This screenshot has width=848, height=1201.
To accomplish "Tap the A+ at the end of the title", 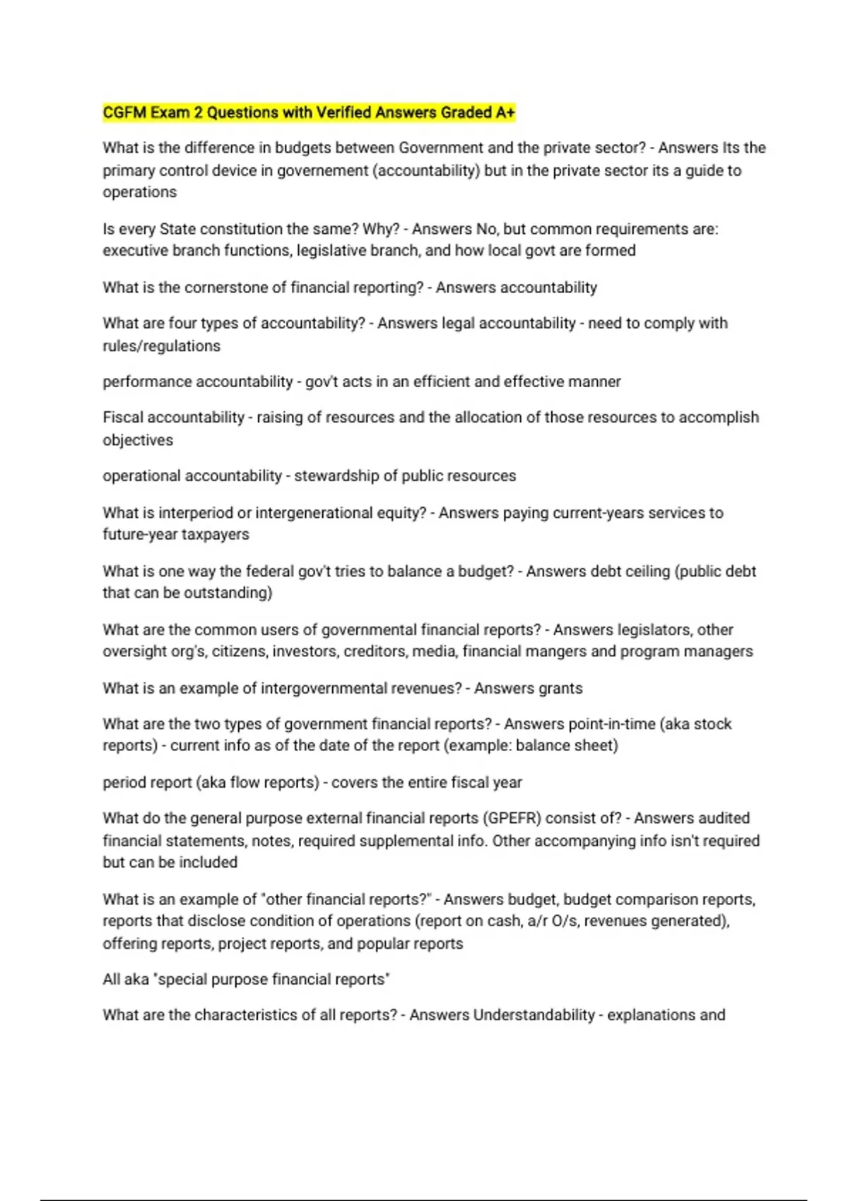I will [505, 112].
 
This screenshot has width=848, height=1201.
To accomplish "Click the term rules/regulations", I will [161, 346].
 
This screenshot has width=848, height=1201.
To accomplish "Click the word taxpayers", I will [214, 535].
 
